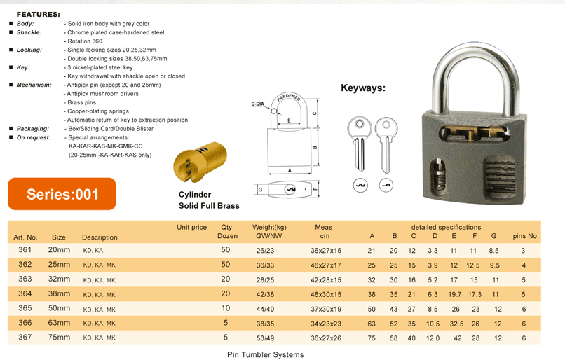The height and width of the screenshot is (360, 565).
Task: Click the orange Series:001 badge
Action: tap(62, 194)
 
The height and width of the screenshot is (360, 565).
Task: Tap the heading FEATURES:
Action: tap(38, 14)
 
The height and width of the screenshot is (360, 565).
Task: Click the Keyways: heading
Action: tap(363, 88)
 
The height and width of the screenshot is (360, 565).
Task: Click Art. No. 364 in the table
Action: tap(25, 293)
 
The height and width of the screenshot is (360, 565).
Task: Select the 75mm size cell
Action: tap(59, 338)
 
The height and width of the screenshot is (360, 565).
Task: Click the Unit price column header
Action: tap(192, 227)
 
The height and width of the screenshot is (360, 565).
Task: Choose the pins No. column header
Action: tap(526, 237)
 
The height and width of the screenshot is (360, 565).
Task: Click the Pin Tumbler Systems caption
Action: tap(266, 354)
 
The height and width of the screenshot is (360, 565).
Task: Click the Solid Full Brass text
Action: tap(209, 205)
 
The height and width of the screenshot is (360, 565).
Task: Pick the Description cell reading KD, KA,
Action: tap(94, 250)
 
